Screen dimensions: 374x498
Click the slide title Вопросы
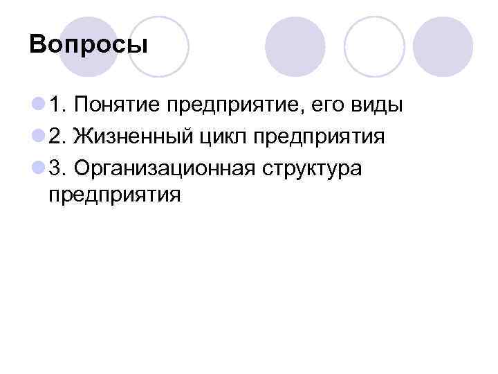pos(89,46)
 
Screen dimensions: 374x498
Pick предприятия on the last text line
pos(115,195)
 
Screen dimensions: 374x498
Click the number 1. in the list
pos(57,106)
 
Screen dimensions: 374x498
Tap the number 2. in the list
pos(57,136)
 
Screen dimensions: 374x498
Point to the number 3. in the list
pos(57,167)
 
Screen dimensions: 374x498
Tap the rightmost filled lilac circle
pos(443,46)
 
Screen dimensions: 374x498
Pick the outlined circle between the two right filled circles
pos(374,46)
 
